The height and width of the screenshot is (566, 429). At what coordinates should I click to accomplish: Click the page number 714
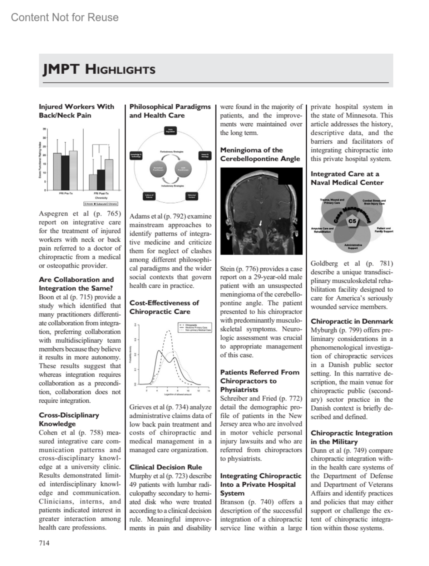44,543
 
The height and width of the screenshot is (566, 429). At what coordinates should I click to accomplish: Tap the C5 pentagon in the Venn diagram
352,221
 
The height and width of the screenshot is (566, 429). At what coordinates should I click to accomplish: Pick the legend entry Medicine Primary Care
196,327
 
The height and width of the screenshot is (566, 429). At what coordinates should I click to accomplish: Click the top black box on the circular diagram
170,131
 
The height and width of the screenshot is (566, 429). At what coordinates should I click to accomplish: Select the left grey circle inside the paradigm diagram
158,169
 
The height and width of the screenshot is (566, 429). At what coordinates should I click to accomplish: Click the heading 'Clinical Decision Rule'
166,467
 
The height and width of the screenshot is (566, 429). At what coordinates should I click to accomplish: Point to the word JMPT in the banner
61,69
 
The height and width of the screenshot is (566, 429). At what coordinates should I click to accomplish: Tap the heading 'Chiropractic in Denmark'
351,321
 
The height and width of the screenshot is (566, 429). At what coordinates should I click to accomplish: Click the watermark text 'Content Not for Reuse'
65,17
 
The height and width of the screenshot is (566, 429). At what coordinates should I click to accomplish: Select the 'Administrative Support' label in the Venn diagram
353,247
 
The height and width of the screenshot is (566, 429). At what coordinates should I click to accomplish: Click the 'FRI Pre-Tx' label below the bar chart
66,194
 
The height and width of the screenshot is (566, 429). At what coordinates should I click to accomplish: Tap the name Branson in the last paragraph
232,502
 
